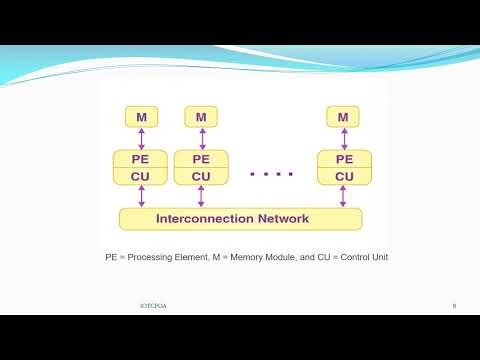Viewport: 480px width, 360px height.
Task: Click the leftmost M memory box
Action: pos(141,118)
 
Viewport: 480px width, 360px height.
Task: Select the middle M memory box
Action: pos(201,118)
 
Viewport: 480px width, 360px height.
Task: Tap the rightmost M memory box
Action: pos(343,118)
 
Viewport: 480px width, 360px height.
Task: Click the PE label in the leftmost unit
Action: pos(141,159)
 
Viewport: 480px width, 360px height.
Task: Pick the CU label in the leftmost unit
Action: pos(141,177)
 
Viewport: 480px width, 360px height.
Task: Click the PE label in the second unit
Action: pos(201,159)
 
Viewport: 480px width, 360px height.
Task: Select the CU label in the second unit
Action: pos(201,177)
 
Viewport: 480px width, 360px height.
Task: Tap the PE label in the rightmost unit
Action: pos(344,159)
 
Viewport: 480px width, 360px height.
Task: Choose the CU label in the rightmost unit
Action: pos(344,177)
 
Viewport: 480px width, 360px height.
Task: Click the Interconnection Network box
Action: pos(240,218)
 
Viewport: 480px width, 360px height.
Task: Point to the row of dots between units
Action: pos(272,174)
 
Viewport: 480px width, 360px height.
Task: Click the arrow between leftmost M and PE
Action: pos(141,139)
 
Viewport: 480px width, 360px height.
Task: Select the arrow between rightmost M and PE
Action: pos(343,139)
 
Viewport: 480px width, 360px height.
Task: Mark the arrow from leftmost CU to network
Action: pos(141,197)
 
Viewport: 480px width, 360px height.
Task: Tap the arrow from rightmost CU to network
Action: pos(344,197)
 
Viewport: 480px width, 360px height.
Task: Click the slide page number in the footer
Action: pos(454,305)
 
